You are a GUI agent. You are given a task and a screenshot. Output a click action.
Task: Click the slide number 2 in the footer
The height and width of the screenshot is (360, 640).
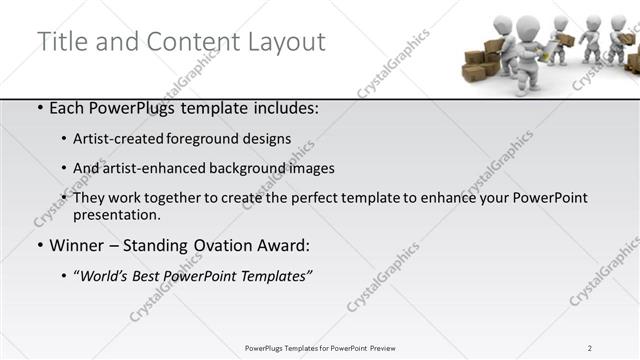590,348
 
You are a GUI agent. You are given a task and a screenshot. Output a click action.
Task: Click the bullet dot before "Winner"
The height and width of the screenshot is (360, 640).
39,245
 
